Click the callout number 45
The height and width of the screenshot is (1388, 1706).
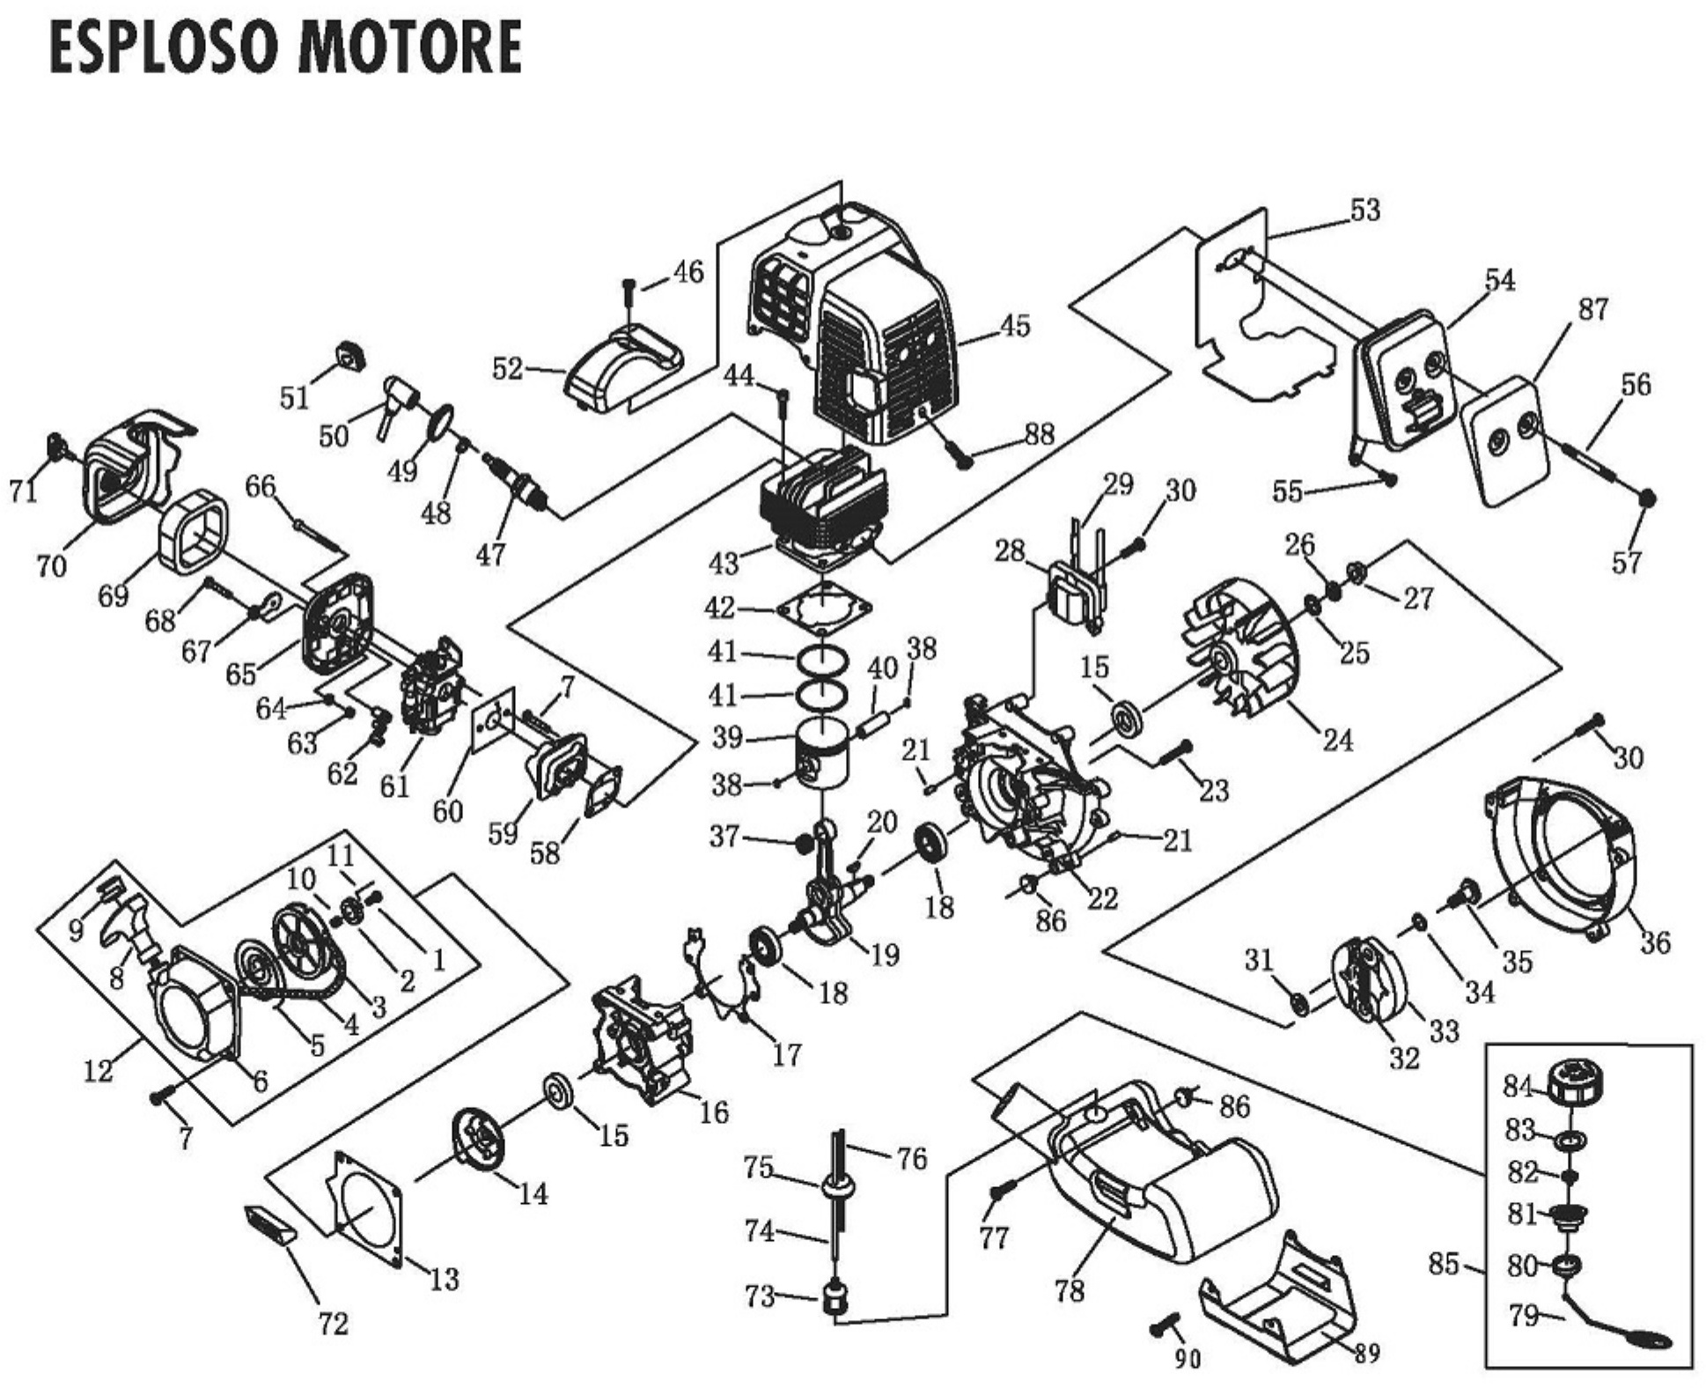pyautogui.click(x=1014, y=326)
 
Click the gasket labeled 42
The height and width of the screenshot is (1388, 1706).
pyautogui.click(x=824, y=609)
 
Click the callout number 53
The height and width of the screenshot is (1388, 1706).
pyautogui.click(x=1365, y=210)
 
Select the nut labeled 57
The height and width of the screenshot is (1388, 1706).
pyautogui.click(x=1647, y=498)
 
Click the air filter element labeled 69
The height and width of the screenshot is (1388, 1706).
pyautogui.click(x=195, y=532)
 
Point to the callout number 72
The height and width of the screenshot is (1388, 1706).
pyautogui.click(x=333, y=1323)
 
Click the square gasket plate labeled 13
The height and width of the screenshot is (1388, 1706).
pyautogui.click(x=365, y=1210)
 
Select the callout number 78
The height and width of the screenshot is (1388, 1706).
pyautogui.click(x=1069, y=1291)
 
